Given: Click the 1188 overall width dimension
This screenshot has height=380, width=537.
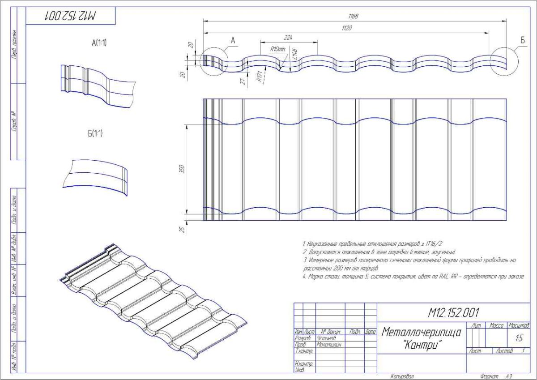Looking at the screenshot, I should [353, 17].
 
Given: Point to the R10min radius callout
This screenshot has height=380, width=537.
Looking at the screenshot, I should [277, 49].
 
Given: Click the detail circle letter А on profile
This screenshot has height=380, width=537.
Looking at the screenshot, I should [233, 40].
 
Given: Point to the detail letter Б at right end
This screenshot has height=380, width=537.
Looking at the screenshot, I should [522, 40].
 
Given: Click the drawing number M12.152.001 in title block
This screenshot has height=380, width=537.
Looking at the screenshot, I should [454, 312].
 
